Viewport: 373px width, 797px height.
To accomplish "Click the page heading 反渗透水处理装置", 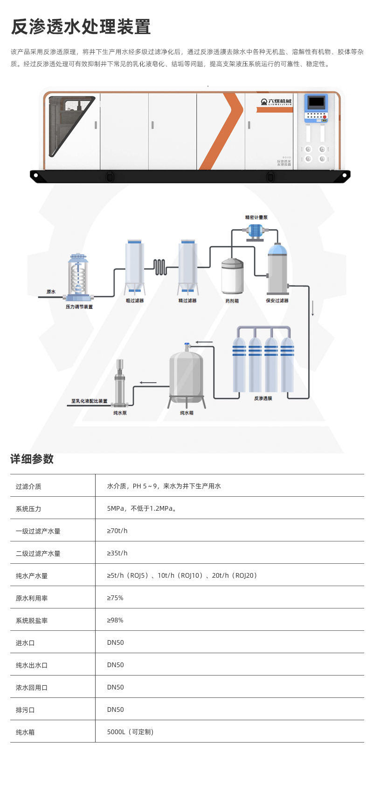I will [81, 27].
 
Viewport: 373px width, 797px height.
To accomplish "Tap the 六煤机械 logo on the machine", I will [276, 102].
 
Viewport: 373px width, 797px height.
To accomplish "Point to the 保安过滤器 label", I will [277, 301].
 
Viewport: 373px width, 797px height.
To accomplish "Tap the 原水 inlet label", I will [51, 292].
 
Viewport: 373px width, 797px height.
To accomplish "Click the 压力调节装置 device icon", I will [79, 277].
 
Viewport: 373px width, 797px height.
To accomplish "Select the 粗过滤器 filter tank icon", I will [135, 267].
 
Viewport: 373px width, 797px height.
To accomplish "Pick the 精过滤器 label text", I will [187, 301].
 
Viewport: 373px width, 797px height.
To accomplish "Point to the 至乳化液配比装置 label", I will [89, 401].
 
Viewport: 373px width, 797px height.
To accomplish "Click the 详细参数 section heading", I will [32, 459].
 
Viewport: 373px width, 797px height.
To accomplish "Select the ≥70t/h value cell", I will [117, 531].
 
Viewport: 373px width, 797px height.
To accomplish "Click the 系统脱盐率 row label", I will [32, 621].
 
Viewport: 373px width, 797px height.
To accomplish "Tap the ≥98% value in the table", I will [115, 620].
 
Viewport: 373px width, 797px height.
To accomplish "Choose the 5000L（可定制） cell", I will [130, 732].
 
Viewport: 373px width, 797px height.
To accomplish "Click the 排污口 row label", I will [25, 710].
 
